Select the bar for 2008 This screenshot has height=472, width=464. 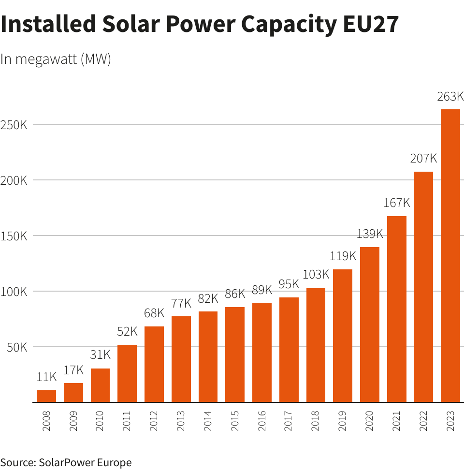click(x=46, y=396)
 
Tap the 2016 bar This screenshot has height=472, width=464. click(x=262, y=352)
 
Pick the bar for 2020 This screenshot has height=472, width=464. click(x=370, y=324)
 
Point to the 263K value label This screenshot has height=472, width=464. click(x=450, y=97)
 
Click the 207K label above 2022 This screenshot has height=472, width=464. click(x=423, y=158)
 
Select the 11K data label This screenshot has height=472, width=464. click(x=46, y=377)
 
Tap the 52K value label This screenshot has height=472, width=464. click(x=127, y=332)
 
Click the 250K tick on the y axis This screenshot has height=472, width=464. click(x=14, y=125)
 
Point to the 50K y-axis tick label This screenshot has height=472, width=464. click(x=17, y=347)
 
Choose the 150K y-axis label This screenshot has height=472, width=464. click(x=14, y=236)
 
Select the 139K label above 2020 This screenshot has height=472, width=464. click(x=370, y=234)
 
